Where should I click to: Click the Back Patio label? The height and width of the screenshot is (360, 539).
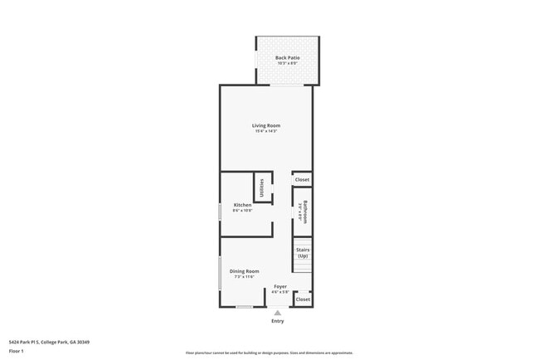coord(288,57)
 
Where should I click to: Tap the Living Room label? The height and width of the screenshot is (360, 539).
coord(266,125)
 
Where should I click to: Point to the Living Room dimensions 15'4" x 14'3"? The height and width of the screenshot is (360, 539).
coord(266,131)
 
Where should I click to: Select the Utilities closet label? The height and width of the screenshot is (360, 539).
coord(262,188)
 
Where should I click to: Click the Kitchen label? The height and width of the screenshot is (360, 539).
coord(242,205)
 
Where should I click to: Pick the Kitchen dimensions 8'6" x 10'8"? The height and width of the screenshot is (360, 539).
coord(242,211)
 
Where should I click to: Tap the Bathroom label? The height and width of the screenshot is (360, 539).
coord(305,212)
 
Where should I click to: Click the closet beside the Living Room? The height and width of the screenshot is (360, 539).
coord(302,179)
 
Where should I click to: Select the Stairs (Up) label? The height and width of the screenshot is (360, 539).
coord(303,252)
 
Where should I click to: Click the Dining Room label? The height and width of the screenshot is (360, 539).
coord(245,271)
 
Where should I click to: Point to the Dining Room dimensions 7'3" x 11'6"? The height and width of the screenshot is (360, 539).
coord(245,277)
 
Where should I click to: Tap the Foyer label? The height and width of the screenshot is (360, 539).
coord(280,286)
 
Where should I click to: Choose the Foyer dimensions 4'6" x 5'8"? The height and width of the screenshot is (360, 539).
coord(280,292)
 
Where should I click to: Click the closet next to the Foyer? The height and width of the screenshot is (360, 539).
coord(303,299)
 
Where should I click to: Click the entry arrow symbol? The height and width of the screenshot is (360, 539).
coord(277,313)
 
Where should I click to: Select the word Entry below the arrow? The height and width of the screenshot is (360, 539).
coord(277,321)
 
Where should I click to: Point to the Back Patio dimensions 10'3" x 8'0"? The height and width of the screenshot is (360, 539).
coord(288,63)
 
